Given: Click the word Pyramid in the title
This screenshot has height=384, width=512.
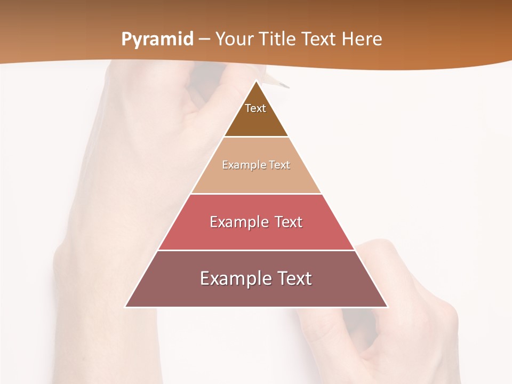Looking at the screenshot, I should tap(157, 39).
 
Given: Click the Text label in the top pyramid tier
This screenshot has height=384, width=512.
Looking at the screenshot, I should tap(255, 108).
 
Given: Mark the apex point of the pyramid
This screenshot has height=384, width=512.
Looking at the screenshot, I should tap(257, 81).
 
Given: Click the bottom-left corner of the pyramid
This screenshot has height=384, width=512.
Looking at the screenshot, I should tap(126, 307).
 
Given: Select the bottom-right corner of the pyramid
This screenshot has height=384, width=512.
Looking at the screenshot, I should tap(387, 307).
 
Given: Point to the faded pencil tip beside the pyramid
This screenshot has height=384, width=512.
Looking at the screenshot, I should tap(286, 86).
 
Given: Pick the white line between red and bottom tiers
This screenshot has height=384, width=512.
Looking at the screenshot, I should tap(256, 250).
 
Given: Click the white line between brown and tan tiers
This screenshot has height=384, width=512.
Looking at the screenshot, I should tap(256, 137).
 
